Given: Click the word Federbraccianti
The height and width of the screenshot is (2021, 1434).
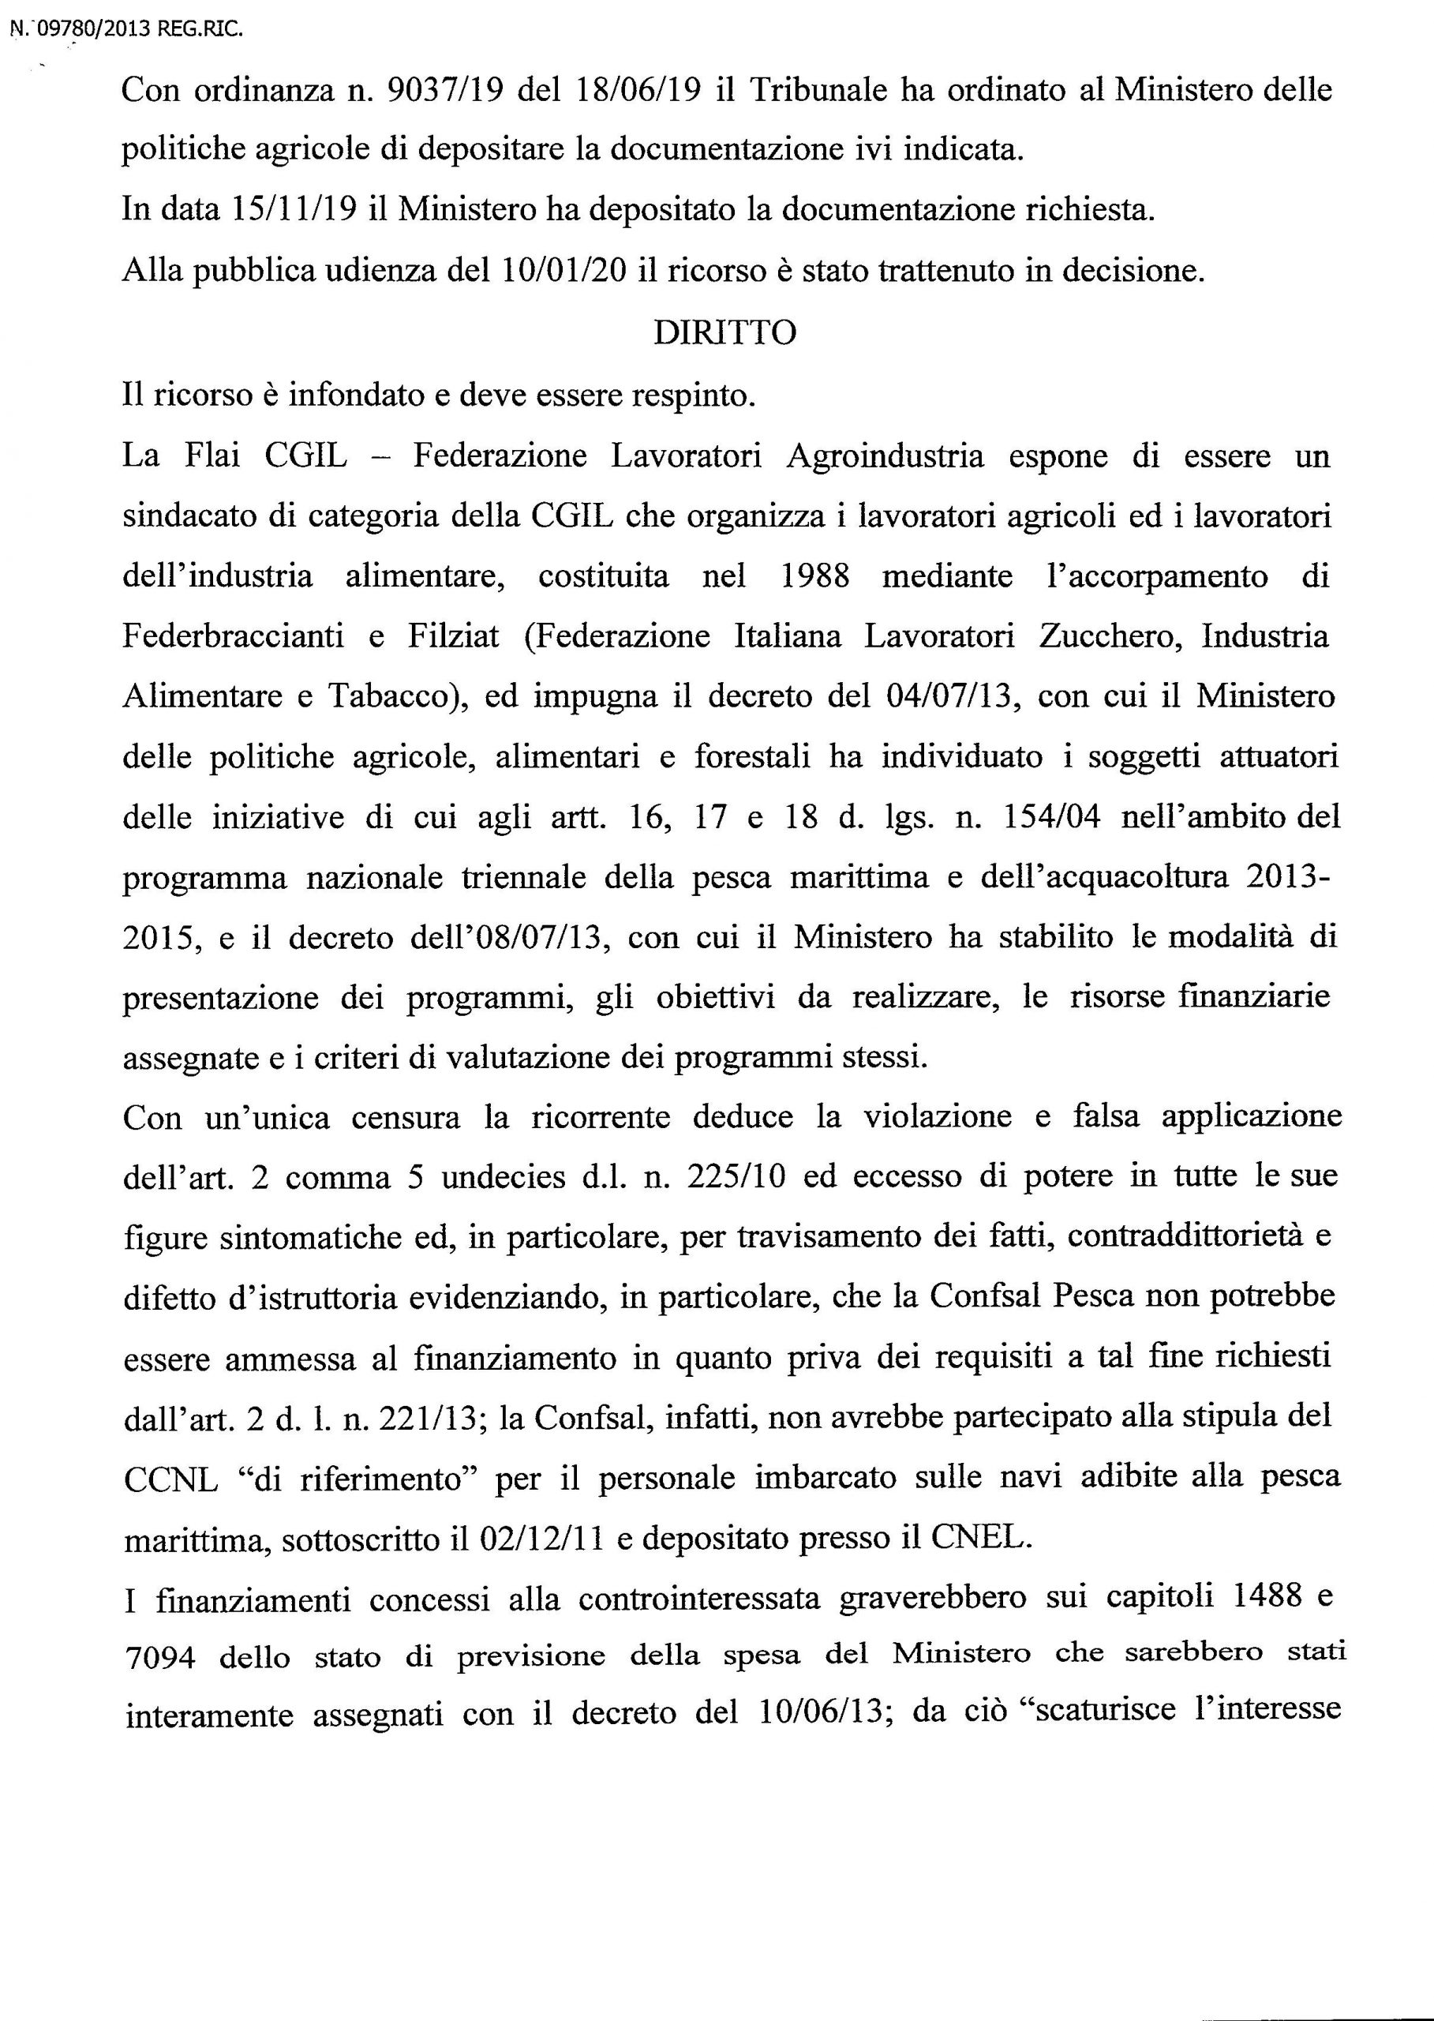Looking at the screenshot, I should pos(233,636).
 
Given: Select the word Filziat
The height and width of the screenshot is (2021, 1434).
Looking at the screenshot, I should pos(453,636).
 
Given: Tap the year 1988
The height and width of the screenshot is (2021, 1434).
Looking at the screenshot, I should pos(815,576).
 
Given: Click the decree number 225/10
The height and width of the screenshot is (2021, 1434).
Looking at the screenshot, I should pos(728,1179).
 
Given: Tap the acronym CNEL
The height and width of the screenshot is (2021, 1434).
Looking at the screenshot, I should pos(980,1538).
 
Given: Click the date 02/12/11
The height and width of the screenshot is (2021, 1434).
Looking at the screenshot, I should pos(541,1539).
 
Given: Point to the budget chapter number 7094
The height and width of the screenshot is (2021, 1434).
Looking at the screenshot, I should pos(160,1658).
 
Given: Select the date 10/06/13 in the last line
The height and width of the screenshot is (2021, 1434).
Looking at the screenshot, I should pos(822,1718).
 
